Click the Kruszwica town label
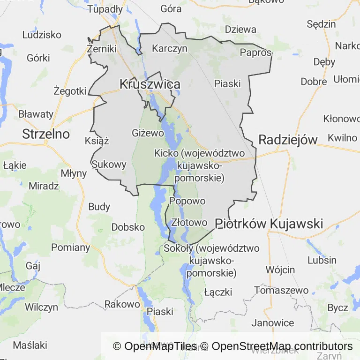click(150, 84)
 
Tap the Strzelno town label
click(46, 135)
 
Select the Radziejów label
click(288, 139)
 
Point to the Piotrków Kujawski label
click(269, 224)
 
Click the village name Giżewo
click(148, 133)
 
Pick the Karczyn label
click(170, 48)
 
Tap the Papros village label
click(255, 52)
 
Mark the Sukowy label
click(109, 165)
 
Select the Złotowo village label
click(189, 222)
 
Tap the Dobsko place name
click(128, 227)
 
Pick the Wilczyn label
click(42, 307)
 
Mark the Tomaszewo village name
click(281, 290)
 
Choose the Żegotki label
click(70, 90)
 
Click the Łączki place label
click(218, 292)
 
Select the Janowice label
click(273, 322)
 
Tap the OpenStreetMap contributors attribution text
click(282, 346)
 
